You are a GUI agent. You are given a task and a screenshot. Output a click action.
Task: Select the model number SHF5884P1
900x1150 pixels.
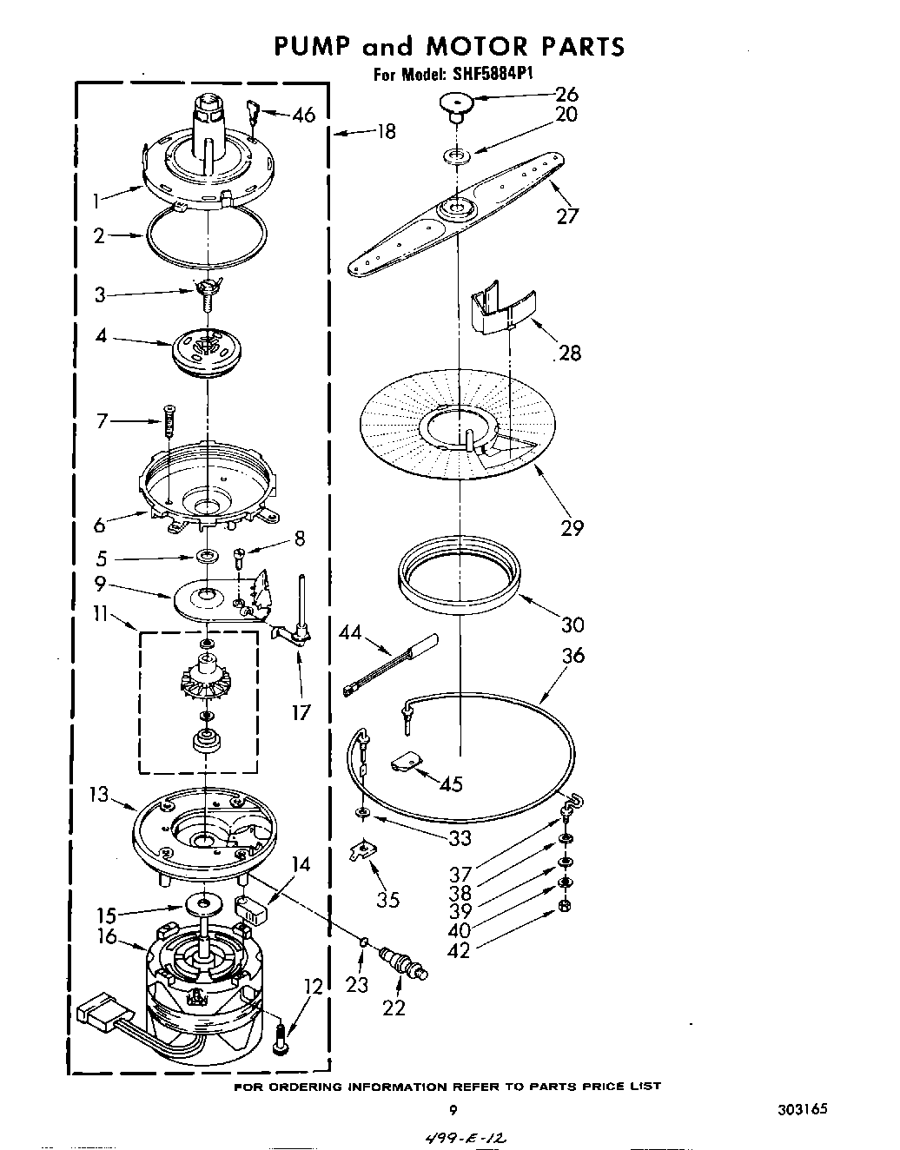[x=493, y=74]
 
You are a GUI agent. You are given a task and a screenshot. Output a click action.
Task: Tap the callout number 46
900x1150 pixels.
[x=303, y=115]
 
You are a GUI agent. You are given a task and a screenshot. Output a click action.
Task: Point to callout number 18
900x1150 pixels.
[x=386, y=131]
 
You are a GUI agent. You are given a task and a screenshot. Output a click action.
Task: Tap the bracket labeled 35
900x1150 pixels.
[x=358, y=852]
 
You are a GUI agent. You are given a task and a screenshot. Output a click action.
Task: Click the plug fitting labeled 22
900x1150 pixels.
[x=403, y=963]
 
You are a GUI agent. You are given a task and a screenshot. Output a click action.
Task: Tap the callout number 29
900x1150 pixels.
[x=572, y=527]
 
